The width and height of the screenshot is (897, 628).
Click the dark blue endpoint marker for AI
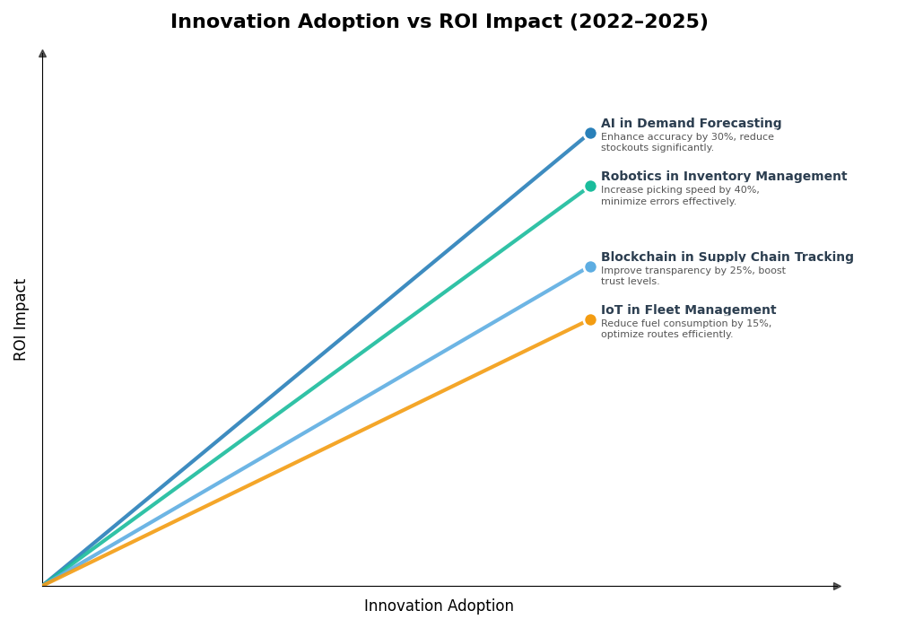coord(590,133)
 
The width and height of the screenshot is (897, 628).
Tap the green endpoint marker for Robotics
coord(590,187)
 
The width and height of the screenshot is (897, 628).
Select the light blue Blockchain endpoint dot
coord(590,266)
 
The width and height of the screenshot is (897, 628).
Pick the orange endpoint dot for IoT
coord(590,320)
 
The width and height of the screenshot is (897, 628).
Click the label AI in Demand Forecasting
coord(691,124)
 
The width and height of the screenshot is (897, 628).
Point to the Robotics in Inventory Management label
coord(723,177)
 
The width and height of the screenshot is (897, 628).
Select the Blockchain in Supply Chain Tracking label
coord(727,257)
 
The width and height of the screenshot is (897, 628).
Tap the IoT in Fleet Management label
coord(688,310)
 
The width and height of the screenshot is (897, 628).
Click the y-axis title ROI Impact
coord(21,319)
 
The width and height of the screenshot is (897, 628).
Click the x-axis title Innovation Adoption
coord(439,606)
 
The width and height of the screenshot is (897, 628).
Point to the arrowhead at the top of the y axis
coord(42,54)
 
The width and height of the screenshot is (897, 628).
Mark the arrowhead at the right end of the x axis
coord(837,586)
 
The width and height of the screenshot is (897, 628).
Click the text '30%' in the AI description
coord(697,137)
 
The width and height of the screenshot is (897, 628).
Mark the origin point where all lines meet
coord(43,585)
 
